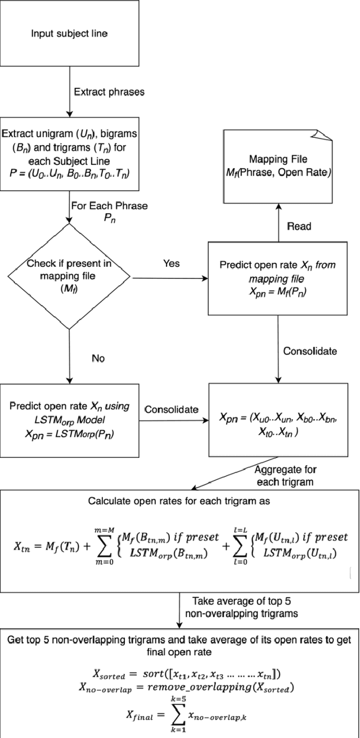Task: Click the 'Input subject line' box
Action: pos(69,34)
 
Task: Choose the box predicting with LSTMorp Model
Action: pos(69,419)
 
